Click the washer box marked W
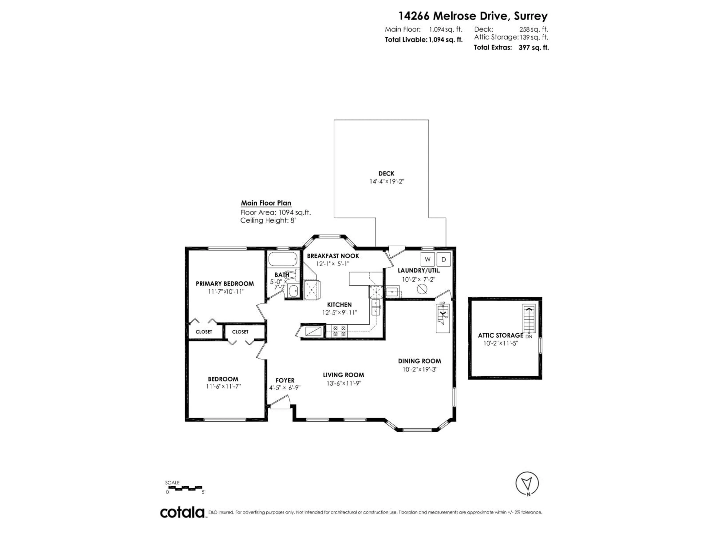click(427, 259)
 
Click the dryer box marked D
click(444, 259)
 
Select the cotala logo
click(182, 512)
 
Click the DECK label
click(386, 173)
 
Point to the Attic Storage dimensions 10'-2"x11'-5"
click(501, 343)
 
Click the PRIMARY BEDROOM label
click(225, 284)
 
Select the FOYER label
click(285, 380)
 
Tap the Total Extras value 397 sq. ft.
click(533, 48)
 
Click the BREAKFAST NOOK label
click(333, 256)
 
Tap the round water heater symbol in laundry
click(422, 289)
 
